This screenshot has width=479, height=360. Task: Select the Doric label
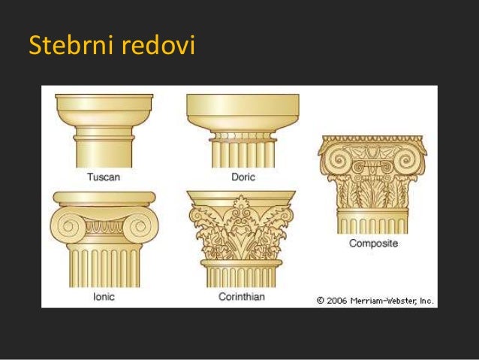pos(243,177)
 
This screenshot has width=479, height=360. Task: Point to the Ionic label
pos(103,296)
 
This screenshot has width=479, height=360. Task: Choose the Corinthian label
pos(243,296)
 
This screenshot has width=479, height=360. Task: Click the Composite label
pos(373,244)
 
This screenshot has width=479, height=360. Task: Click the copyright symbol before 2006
pos(320,300)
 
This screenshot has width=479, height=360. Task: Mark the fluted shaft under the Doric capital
pos(242,154)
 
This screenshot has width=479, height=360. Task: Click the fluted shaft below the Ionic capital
pos(103,267)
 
